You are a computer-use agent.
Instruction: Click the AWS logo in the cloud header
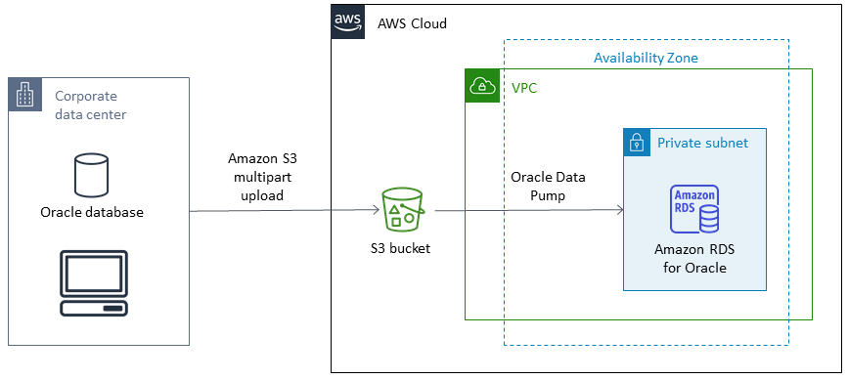(347, 21)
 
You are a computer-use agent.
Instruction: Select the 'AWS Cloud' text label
(412, 22)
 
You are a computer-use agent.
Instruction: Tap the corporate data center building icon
(24, 96)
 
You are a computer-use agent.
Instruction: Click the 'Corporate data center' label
(90, 106)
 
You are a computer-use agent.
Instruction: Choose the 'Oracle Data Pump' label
(549, 186)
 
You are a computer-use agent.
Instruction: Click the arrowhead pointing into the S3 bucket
(375, 210)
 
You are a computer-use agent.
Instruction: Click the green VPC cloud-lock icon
(481, 86)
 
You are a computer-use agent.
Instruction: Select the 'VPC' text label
(524, 88)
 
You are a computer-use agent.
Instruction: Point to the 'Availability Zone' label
(646, 58)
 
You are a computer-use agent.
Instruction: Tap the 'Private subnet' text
(702, 143)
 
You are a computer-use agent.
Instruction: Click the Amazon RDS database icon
(694, 208)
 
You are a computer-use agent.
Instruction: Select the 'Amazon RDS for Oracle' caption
(694, 258)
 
